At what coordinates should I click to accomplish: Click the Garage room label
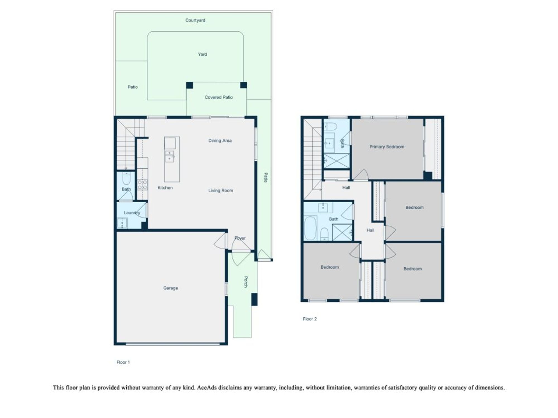[x=170, y=288]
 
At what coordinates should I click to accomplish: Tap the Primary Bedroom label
[x=387, y=147]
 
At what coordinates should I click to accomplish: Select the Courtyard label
[x=195, y=20]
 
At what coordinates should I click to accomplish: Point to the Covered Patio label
[x=219, y=97]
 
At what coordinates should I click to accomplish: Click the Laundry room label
[x=132, y=213]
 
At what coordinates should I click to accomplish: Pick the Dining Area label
[x=220, y=141]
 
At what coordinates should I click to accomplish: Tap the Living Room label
[x=221, y=191]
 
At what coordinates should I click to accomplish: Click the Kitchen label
[x=165, y=188]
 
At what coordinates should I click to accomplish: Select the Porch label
[x=246, y=282]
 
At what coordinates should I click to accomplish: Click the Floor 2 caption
[x=310, y=319]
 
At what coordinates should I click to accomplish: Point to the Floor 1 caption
[x=123, y=363]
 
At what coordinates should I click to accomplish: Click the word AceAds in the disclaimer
[x=207, y=388]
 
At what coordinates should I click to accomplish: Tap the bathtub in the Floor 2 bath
[x=310, y=228]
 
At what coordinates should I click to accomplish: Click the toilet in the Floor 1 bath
[x=126, y=179]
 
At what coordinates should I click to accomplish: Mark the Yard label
[x=203, y=55]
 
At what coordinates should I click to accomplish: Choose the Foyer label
[x=240, y=238]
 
